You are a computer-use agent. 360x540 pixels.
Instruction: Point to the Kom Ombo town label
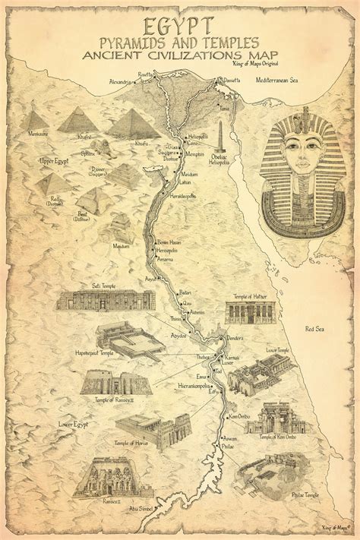pyautogui.click(x=239, y=418)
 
